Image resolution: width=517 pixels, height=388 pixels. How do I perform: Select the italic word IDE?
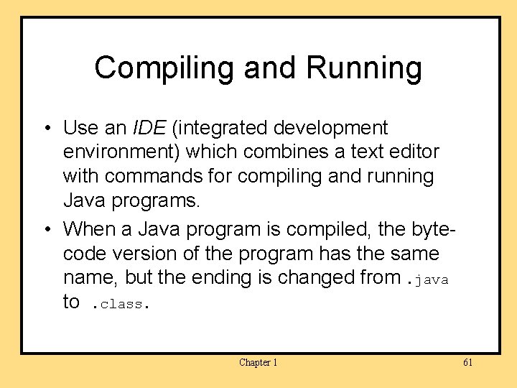coord(148,128)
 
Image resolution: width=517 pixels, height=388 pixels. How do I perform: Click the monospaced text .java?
coord(427,280)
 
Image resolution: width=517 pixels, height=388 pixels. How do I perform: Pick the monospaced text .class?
coord(118,303)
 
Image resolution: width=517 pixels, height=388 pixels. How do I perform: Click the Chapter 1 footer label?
coord(258,362)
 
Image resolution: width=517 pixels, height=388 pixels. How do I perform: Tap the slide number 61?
coord(467,362)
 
